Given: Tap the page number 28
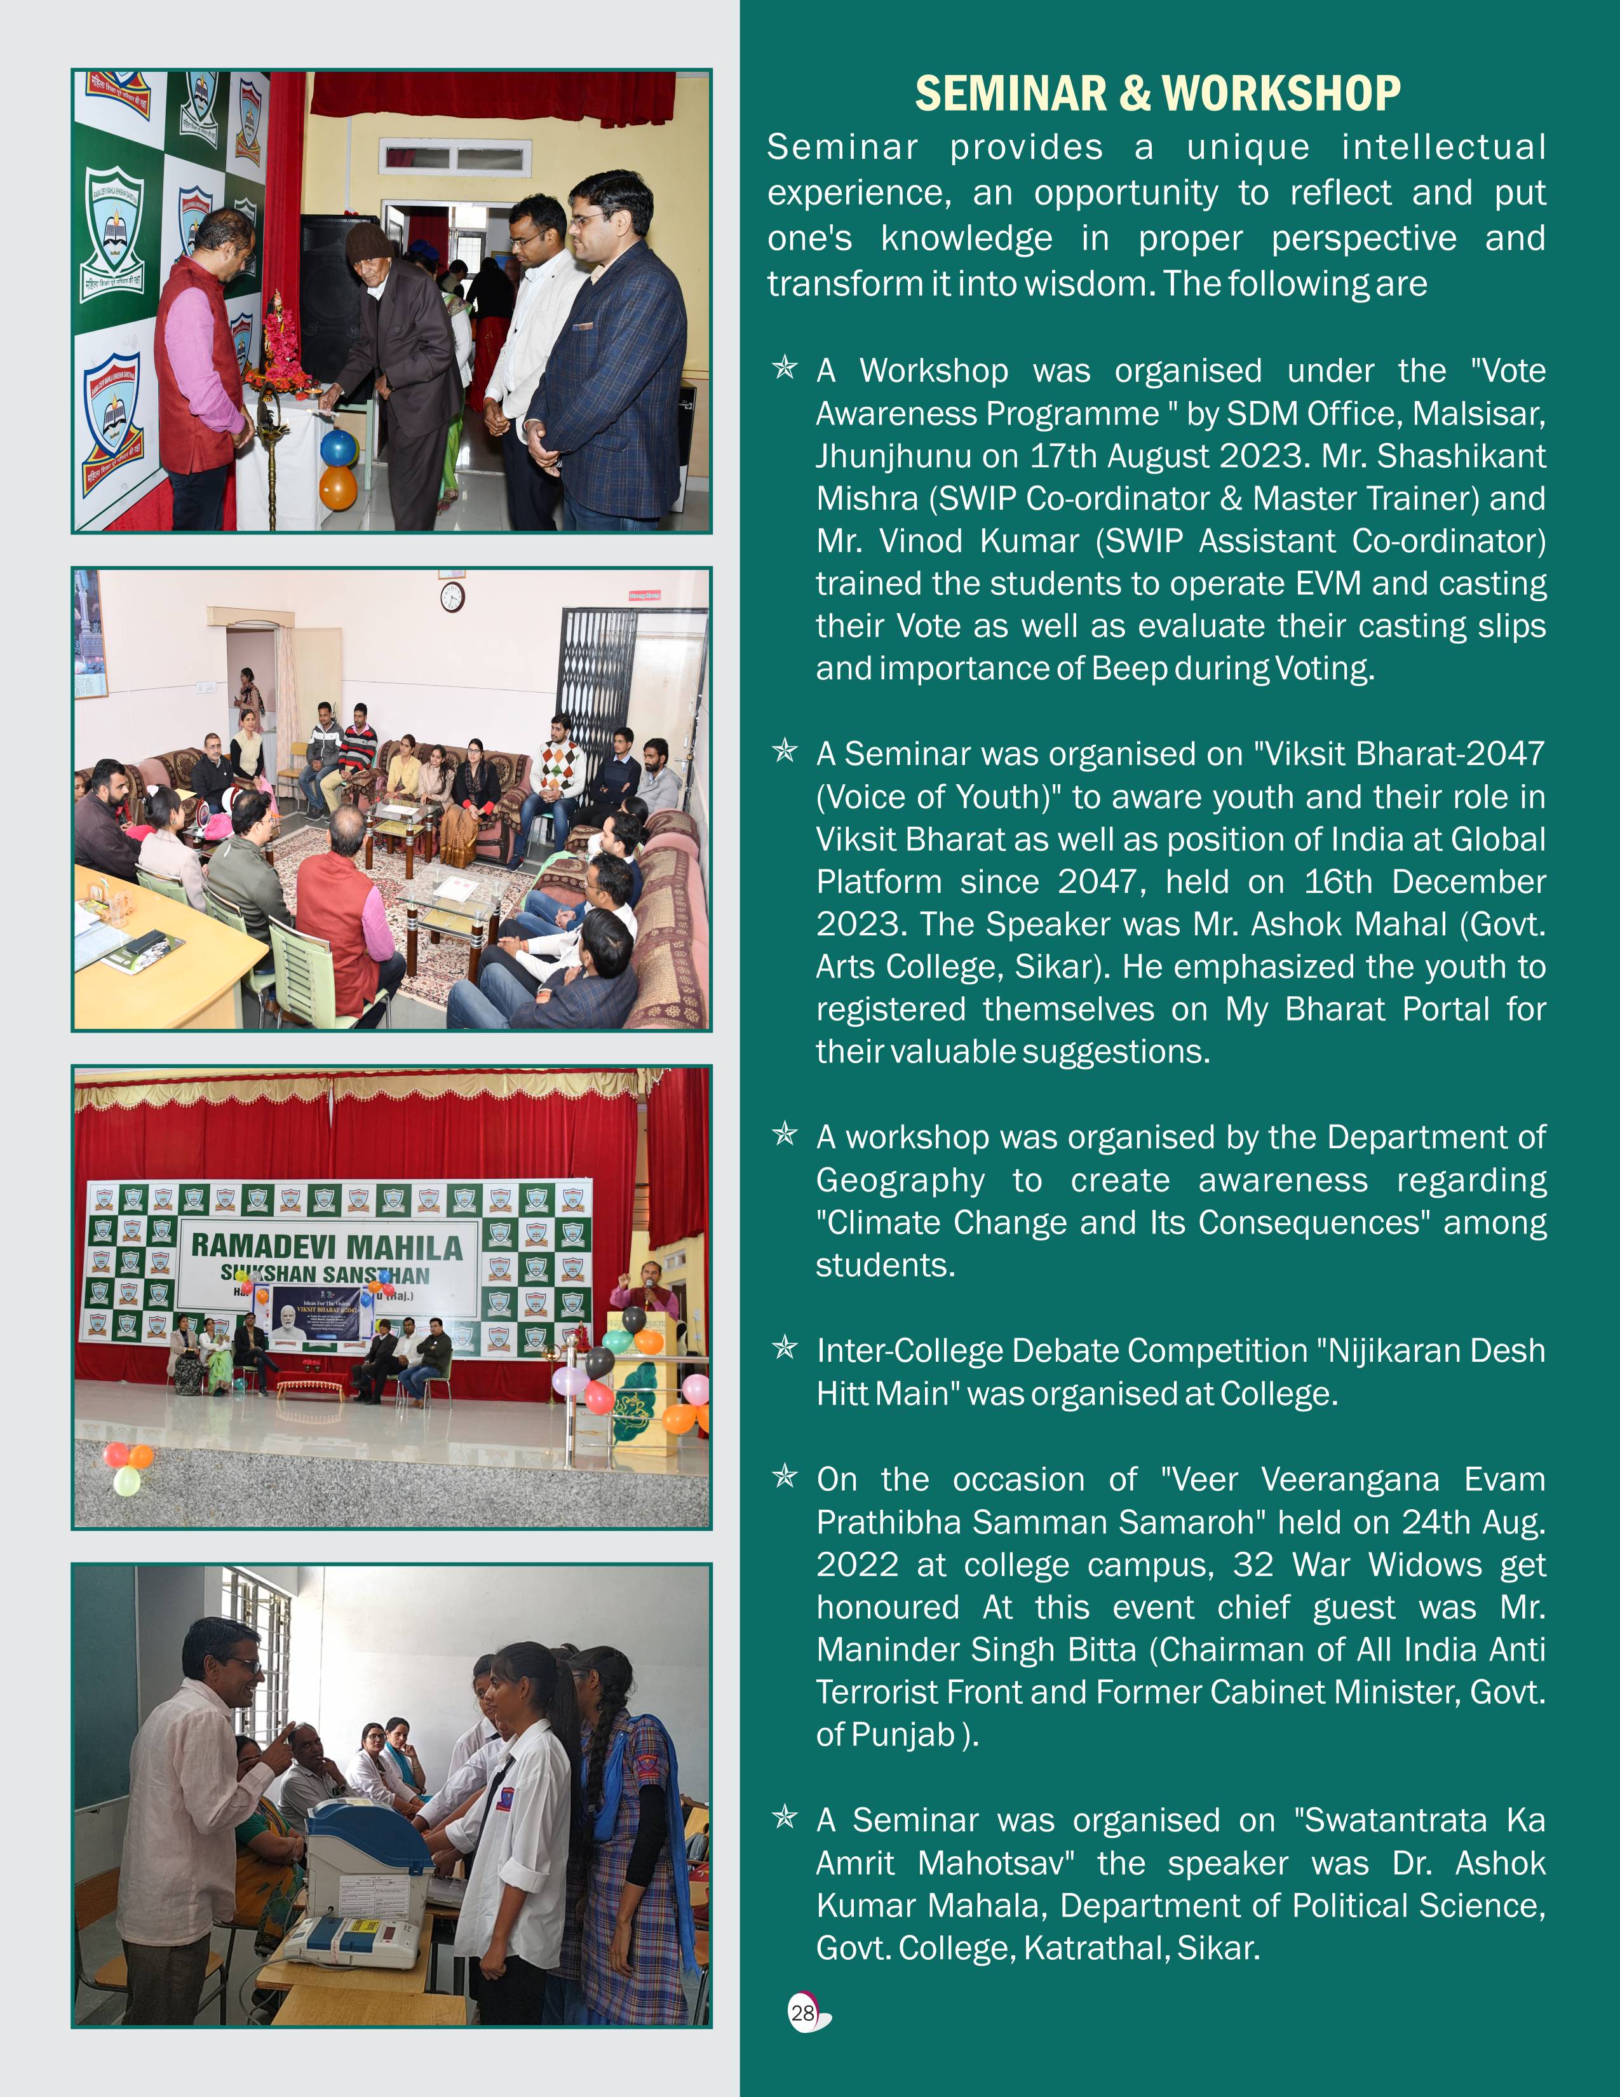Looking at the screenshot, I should [802, 2012].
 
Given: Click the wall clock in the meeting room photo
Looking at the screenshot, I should [452, 597].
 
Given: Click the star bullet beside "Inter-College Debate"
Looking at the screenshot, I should [785, 1349].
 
